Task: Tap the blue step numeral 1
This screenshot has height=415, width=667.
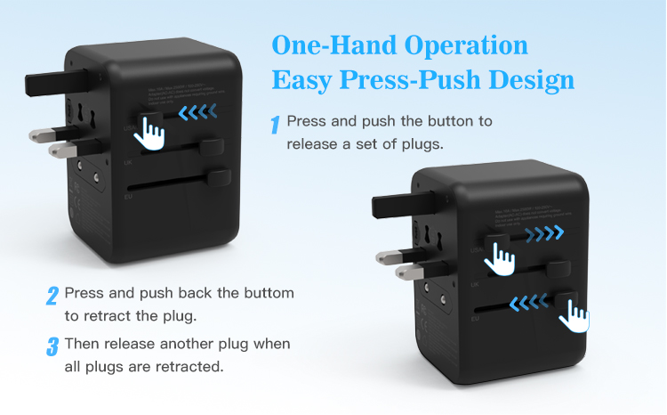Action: [x=276, y=125]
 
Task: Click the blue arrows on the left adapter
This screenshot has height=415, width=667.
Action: [x=197, y=113]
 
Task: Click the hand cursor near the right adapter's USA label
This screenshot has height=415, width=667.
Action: [x=504, y=259]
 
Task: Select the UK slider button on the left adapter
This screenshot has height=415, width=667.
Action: [x=212, y=147]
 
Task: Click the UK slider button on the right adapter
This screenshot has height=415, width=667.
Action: [x=562, y=268]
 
